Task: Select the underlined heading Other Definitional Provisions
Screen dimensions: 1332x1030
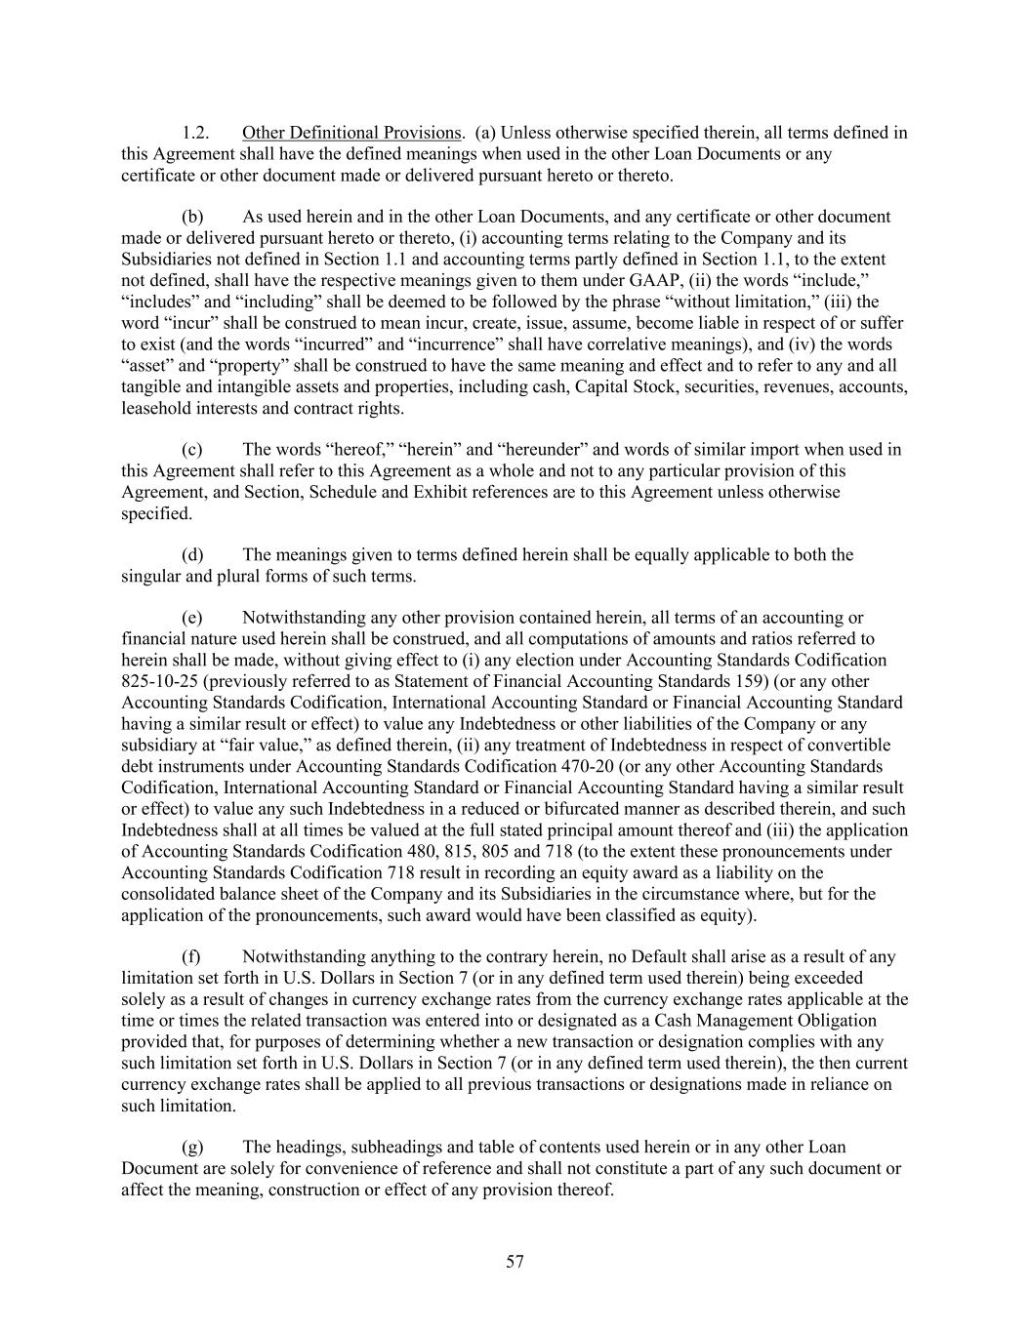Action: (x=350, y=133)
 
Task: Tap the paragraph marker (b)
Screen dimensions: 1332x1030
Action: (x=193, y=217)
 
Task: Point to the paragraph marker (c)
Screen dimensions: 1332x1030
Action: (x=192, y=450)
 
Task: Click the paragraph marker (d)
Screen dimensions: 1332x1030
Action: (x=193, y=555)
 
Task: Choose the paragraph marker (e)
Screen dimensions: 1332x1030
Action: (x=192, y=618)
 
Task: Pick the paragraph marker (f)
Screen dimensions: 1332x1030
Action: (x=191, y=957)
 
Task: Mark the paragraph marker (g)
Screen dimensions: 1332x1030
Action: (x=192, y=1148)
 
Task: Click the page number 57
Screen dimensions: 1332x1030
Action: (x=515, y=1263)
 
